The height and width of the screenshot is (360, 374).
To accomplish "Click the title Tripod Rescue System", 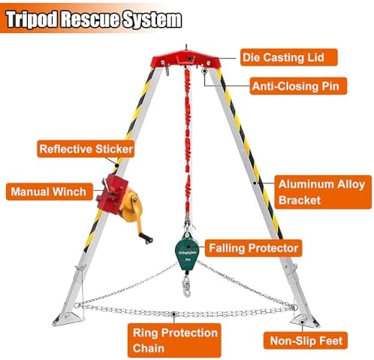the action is (94, 20).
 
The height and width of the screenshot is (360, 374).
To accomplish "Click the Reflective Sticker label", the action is (86, 149).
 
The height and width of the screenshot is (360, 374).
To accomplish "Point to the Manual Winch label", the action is (50, 192).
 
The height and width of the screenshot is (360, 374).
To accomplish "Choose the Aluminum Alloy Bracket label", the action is (323, 192).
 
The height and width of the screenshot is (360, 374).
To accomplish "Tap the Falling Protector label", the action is (253, 248).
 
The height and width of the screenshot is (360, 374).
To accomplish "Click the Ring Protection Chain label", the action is (174, 340).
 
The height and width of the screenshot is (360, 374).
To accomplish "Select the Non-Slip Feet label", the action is (306, 340).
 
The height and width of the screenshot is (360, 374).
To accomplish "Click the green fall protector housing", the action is (187, 253).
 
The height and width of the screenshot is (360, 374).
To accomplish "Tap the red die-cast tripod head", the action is (186, 59).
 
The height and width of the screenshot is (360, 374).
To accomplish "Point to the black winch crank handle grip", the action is (146, 238).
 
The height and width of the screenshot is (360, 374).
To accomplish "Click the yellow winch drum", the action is (131, 205).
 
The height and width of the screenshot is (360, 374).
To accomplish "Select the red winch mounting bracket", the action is (112, 194).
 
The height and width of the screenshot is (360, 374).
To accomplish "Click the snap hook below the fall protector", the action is (186, 286).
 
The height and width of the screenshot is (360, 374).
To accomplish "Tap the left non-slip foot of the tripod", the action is (67, 319).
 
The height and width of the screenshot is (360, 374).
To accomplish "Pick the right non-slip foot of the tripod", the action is (304, 321).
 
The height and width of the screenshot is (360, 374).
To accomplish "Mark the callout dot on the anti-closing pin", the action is (205, 71).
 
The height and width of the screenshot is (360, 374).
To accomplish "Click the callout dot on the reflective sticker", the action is (116, 165).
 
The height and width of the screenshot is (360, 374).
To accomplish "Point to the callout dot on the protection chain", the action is (173, 314).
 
